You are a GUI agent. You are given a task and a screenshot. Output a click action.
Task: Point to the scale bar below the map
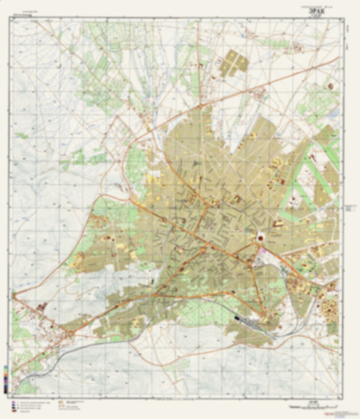pos(311,406)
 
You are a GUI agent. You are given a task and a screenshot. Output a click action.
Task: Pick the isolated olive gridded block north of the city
pos(234,63)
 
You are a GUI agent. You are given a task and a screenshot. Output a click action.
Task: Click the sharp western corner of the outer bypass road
pos(14,294)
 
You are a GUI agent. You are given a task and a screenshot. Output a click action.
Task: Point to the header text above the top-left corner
pos(27,13)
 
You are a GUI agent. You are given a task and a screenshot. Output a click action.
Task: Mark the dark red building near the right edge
pos(330,86)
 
